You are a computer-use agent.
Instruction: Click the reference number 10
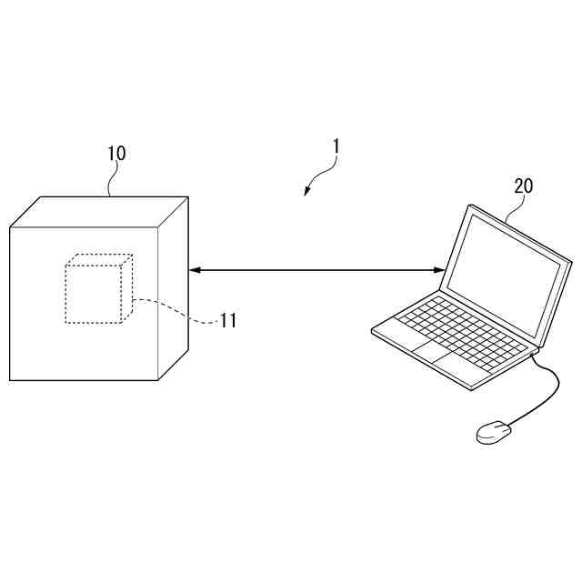116,153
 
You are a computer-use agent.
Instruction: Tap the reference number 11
227,320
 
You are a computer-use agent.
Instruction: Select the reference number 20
524,186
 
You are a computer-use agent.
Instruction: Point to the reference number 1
336,145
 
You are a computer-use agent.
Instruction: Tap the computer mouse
493,431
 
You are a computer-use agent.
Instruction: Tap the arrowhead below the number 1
308,191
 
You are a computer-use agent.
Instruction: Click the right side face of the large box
173,286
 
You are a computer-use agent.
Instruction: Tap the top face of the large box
100,212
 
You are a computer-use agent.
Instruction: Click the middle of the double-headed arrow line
316,269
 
